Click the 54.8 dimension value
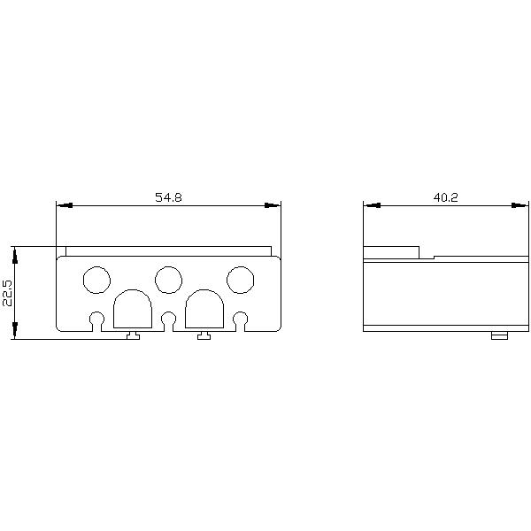pyautogui.click(x=168, y=197)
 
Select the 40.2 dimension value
pyautogui.click(x=445, y=197)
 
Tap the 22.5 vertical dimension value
pyautogui.click(x=7, y=293)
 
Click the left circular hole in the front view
pyautogui.click(x=95, y=280)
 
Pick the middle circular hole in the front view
pyautogui.click(x=167, y=280)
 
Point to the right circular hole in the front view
pyautogui.click(x=240, y=280)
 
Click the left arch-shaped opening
pyautogui.click(x=132, y=309)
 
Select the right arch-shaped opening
pyautogui.click(x=204, y=309)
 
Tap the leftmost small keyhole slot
pyautogui.click(x=96, y=319)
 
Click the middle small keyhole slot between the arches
pyautogui.click(x=168, y=319)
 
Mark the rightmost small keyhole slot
pyautogui.click(x=240, y=319)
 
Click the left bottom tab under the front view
pyautogui.click(x=132, y=335)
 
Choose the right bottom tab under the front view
pyautogui.click(x=204, y=335)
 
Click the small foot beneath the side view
pyautogui.click(x=499, y=335)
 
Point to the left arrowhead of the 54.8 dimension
pyautogui.click(x=62, y=205)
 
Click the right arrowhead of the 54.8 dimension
pyautogui.click(x=274, y=205)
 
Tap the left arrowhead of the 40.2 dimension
pyautogui.click(x=370, y=205)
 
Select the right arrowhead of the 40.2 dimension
pyautogui.click(x=522, y=205)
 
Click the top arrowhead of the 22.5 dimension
pyautogui.click(x=15, y=252)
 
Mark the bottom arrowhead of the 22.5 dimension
pyautogui.click(x=15, y=333)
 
